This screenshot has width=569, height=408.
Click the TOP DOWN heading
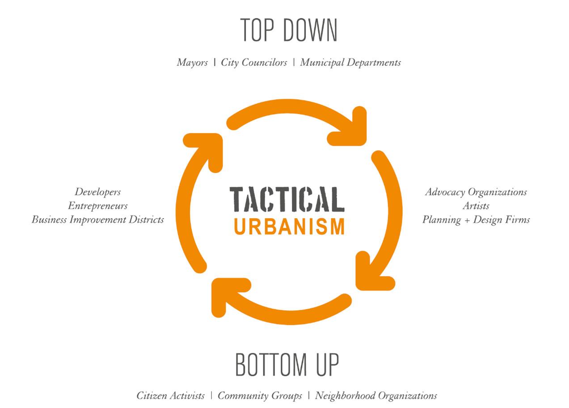click(289, 30)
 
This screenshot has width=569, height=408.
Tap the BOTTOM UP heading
click(287, 364)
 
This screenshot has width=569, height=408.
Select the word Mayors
click(192, 63)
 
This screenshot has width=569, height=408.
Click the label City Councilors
click(254, 63)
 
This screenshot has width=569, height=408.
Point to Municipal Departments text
click(350, 63)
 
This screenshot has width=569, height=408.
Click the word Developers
click(97, 192)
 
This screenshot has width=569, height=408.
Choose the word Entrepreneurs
click(97, 206)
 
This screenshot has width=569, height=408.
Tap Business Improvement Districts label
click(97, 220)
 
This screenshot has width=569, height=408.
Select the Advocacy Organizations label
click(476, 192)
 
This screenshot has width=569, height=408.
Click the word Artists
click(476, 206)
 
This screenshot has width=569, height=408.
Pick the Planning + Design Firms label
click(476, 220)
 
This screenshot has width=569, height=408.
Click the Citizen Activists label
click(170, 396)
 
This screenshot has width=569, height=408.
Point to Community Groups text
click(259, 396)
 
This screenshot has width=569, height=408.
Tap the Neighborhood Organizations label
click(376, 396)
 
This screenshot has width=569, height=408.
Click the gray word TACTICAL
click(287, 199)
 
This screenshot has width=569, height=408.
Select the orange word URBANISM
click(289, 226)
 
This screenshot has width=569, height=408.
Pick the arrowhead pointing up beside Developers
click(207, 147)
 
